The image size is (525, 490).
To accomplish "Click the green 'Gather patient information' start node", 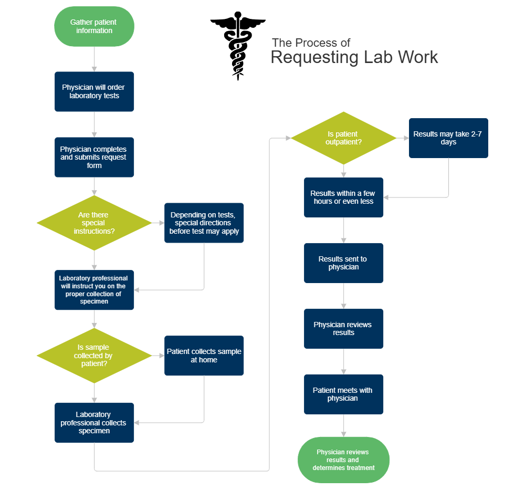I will pyautogui.click(x=94, y=27).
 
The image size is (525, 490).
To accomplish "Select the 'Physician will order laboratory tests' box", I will pyautogui.click(x=94, y=92).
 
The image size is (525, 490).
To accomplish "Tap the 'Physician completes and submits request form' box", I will pyautogui.click(x=94, y=157).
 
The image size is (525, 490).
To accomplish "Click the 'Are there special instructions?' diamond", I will pyautogui.click(x=94, y=223).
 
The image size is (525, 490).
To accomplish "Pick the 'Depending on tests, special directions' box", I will pyautogui.click(x=204, y=223).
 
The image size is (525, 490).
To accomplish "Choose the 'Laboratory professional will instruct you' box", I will pyautogui.click(x=94, y=290).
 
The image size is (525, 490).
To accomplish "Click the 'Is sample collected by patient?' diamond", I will pyautogui.click(x=94, y=356).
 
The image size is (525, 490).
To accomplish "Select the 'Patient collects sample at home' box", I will pyautogui.click(x=204, y=356).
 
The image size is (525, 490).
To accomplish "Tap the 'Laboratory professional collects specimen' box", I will pyautogui.click(x=94, y=422).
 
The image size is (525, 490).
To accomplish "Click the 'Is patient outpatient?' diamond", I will pyautogui.click(x=344, y=138).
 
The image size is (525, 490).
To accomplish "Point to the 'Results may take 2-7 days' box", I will pyautogui.click(x=448, y=138).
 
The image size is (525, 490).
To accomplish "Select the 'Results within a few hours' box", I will pyautogui.click(x=344, y=197).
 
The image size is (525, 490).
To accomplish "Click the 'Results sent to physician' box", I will pyautogui.click(x=344, y=263).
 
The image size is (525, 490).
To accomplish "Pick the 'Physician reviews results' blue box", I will pyautogui.click(x=344, y=329).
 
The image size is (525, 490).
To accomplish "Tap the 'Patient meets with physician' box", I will pyautogui.click(x=344, y=394).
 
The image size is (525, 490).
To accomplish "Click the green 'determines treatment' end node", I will pyautogui.click(x=344, y=460).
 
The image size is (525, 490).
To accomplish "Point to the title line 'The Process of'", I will pyautogui.click(x=311, y=43).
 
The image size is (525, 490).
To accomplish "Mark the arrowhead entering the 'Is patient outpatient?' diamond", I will pyautogui.click(x=288, y=138).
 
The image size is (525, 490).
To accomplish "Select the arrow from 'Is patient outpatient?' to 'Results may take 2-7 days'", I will pyautogui.click(x=403, y=138).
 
